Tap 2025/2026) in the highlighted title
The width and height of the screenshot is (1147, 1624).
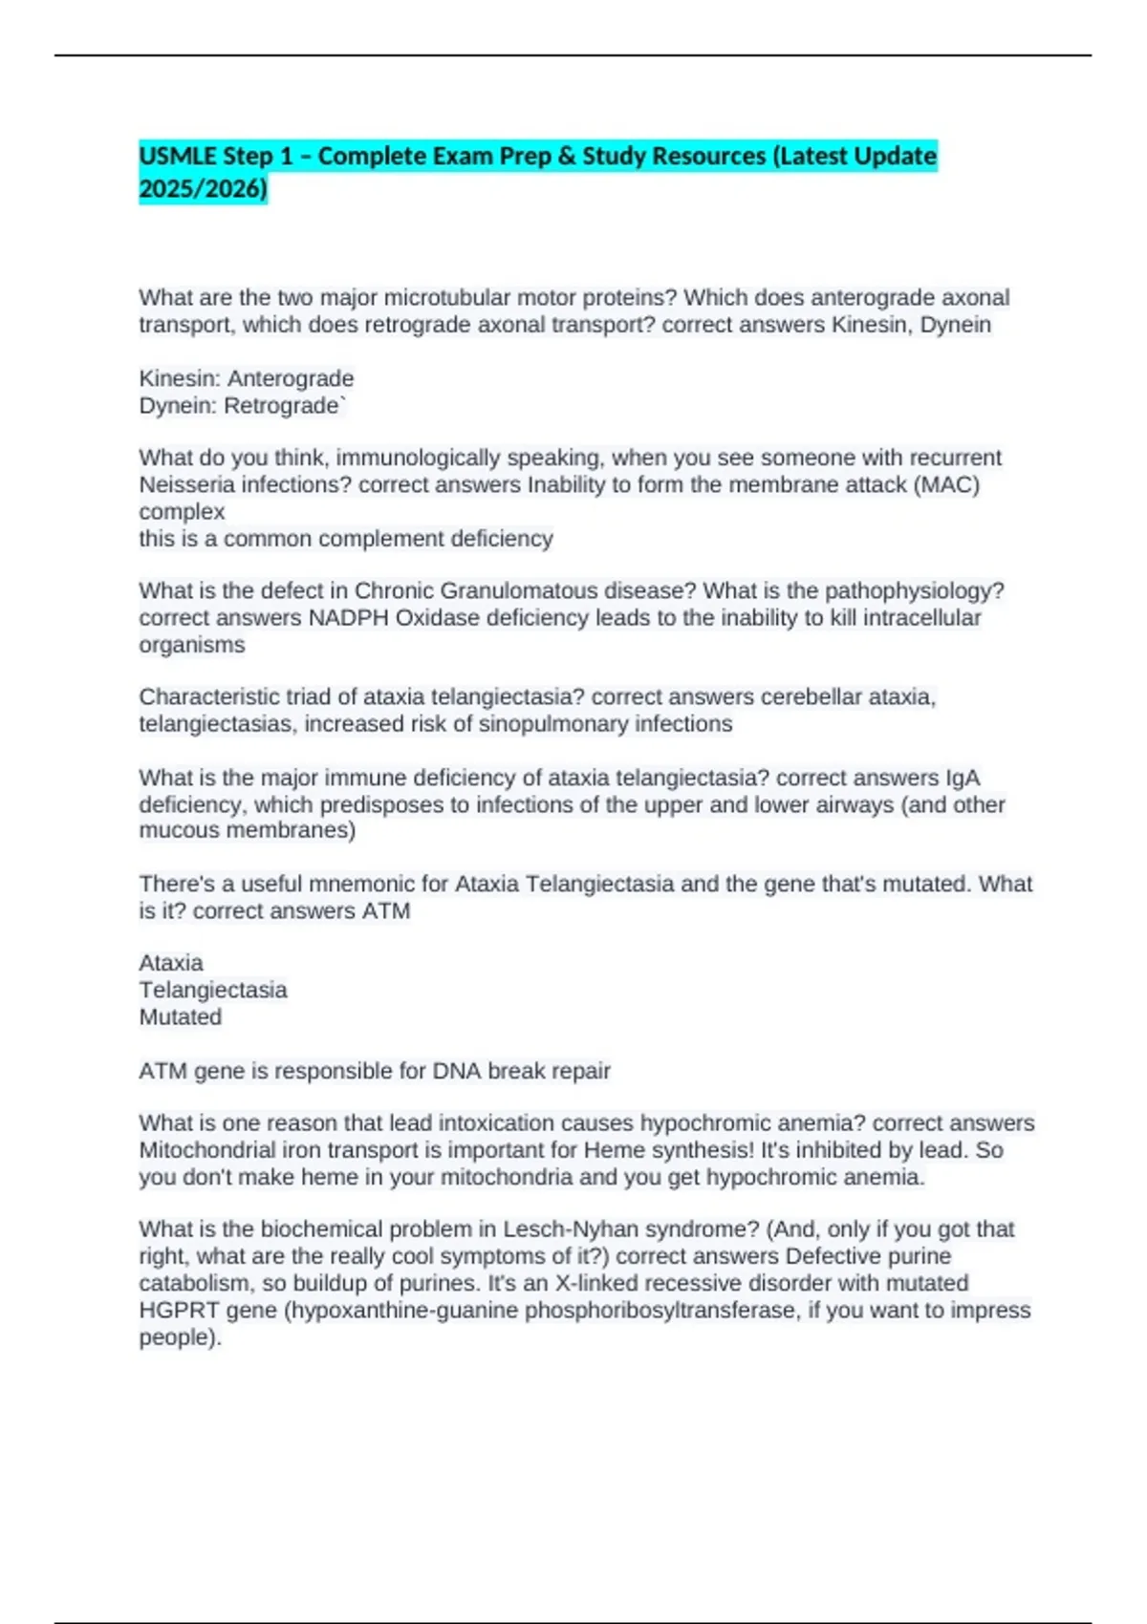[203, 189]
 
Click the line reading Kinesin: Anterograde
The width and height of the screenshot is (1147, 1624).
[247, 378]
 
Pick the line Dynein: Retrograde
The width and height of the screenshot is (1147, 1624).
[242, 406]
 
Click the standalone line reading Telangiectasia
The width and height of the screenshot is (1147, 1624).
[213, 991]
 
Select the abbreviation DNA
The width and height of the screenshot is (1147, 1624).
[457, 1072]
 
